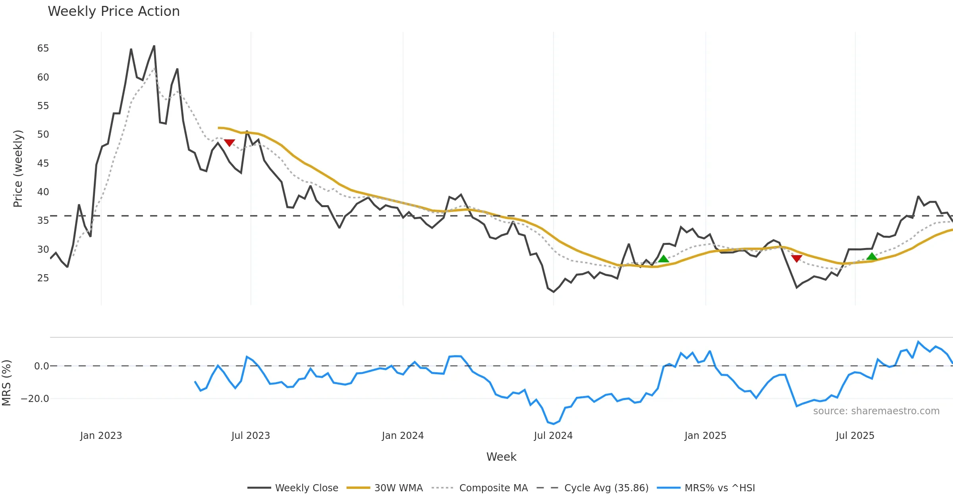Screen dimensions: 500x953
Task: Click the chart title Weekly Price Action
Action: pyautogui.click(x=114, y=12)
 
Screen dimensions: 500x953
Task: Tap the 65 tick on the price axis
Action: pyautogui.click(x=43, y=48)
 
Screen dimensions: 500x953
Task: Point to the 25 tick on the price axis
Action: pyautogui.click(x=43, y=278)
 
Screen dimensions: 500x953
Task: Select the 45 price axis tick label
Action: pyautogui.click(x=43, y=163)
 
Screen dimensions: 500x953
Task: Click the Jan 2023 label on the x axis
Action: pyautogui.click(x=101, y=436)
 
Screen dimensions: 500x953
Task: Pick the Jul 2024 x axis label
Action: pyautogui.click(x=553, y=436)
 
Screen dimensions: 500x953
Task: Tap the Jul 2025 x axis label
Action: pyautogui.click(x=855, y=436)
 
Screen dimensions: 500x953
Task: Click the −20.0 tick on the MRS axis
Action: pyautogui.click(x=35, y=399)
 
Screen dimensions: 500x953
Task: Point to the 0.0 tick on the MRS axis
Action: pyautogui.click(x=42, y=366)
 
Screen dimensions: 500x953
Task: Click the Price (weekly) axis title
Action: pyautogui.click(x=18, y=169)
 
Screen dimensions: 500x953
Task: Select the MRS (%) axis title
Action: pyautogui.click(x=7, y=383)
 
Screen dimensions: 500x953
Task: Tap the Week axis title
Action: pyautogui.click(x=501, y=457)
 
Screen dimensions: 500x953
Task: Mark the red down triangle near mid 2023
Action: pyautogui.click(x=230, y=142)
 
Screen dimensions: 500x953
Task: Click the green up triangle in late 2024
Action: pyautogui.click(x=664, y=259)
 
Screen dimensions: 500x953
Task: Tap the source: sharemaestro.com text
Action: pyautogui.click(x=876, y=411)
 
